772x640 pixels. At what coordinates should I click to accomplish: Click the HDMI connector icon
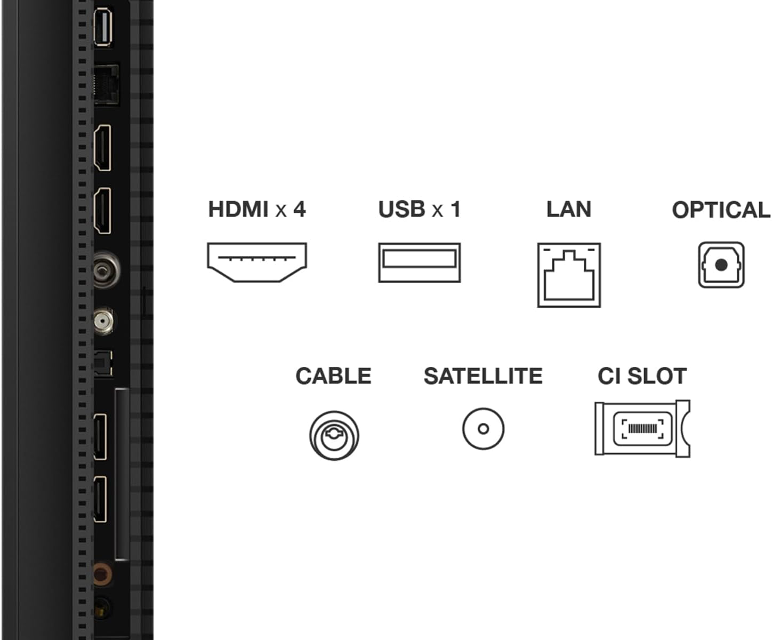[257, 262]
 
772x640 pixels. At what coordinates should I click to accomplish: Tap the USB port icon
[419, 262]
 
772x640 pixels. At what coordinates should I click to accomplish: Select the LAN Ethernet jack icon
[569, 275]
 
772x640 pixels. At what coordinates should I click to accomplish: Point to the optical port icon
[721, 265]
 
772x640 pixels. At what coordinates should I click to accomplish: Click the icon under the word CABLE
[334, 435]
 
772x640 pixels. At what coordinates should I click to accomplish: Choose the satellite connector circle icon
[483, 429]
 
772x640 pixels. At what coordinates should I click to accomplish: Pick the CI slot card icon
[642, 428]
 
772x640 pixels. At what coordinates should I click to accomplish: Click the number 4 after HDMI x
[299, 209]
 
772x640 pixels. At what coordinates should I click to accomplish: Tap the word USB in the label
[401, 209]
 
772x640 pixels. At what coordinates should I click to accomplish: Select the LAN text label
[569, 209]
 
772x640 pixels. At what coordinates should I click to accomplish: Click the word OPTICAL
[721, 210]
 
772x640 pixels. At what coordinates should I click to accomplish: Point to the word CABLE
[333, 376]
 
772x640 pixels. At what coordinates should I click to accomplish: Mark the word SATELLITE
[483, 376]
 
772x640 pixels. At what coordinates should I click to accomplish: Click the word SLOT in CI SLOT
[657, 376]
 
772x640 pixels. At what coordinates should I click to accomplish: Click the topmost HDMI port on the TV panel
[102, 148]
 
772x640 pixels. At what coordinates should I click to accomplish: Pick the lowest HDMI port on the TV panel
[100, 499]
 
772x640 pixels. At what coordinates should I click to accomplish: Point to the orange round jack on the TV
[101, 574]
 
